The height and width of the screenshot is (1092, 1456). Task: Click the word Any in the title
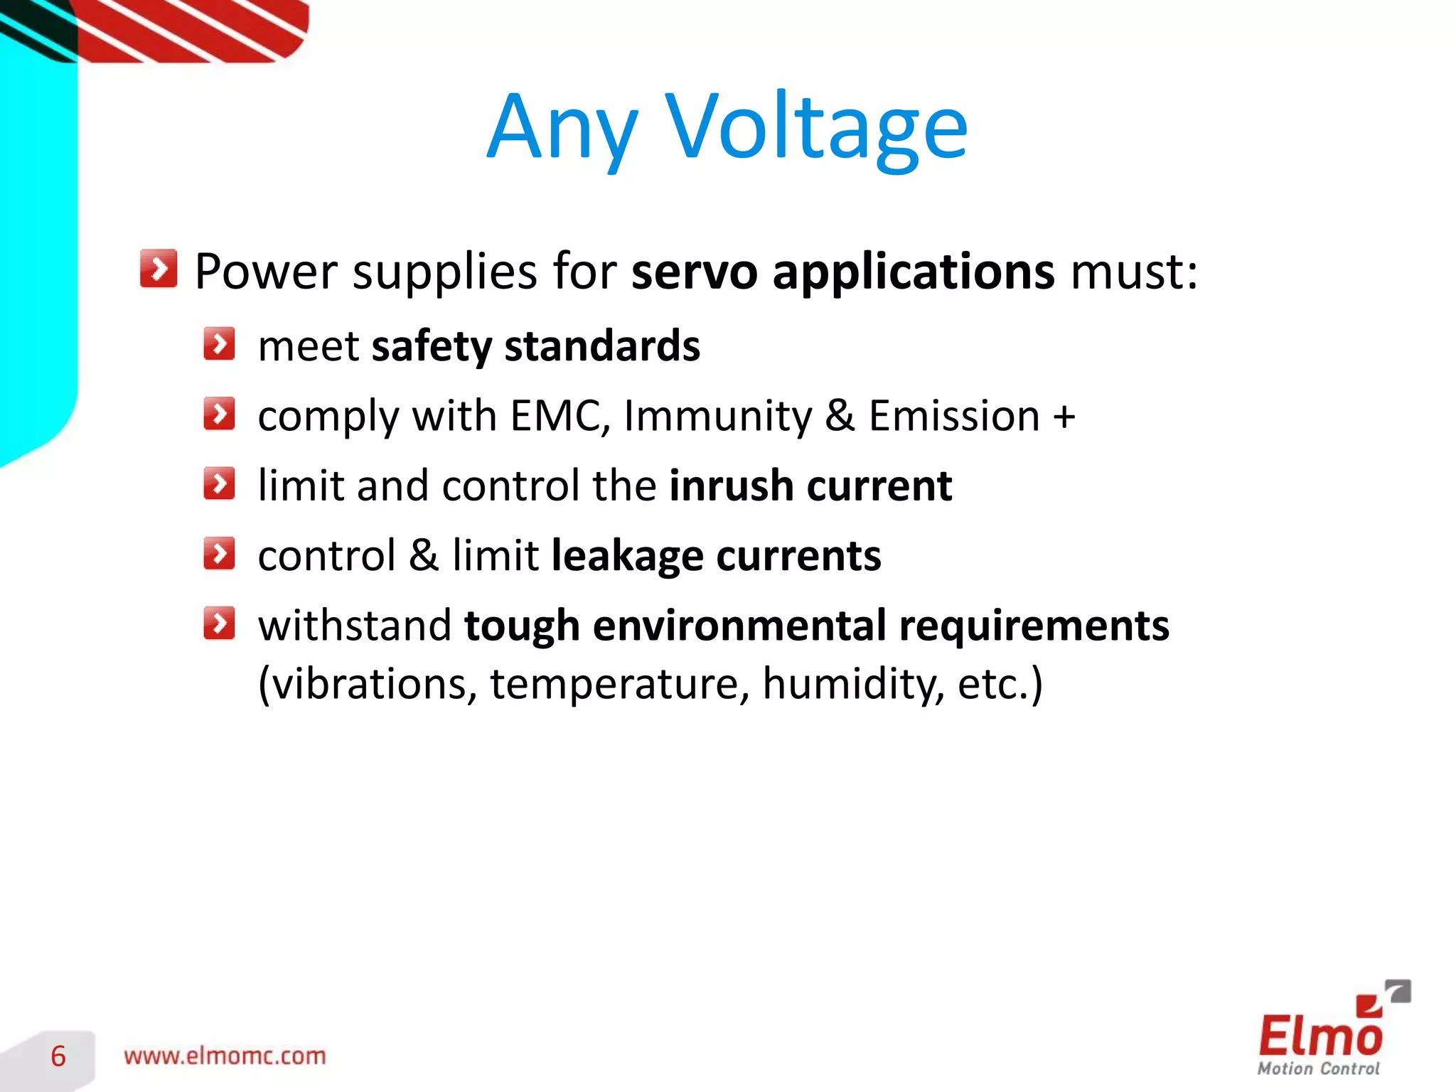pyautogui.click(x=562, y=128)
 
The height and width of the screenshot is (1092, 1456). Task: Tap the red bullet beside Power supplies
pyautogui.click(x=159, y=269)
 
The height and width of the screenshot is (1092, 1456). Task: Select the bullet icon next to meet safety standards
pyautogui.click(x=219, y=344)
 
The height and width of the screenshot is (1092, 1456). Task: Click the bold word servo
pyautogui.click(x=694, y=272)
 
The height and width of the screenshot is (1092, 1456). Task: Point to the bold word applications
pyautogui.click(x=913, y=273)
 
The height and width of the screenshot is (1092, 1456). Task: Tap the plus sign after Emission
pyautogui.click(x=1064, y=417)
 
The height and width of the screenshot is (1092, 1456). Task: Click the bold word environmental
pyautogui.click(x=739, y=626)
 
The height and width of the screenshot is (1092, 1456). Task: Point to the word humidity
pyautogui.click(x=853, y=684)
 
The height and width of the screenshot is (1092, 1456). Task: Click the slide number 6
pyautogui.click(x=58, y=1056)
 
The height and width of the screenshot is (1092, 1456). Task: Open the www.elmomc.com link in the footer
pyautogui.click(x=225, y=1056)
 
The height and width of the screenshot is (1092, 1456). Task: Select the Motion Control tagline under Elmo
pyautogui.click(x=1318, y=1069)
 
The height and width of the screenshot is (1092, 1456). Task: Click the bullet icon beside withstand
pyautogui.click(x=219, y=623)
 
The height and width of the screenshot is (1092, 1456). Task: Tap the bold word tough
pyautogui.click(x=522, y=626)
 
